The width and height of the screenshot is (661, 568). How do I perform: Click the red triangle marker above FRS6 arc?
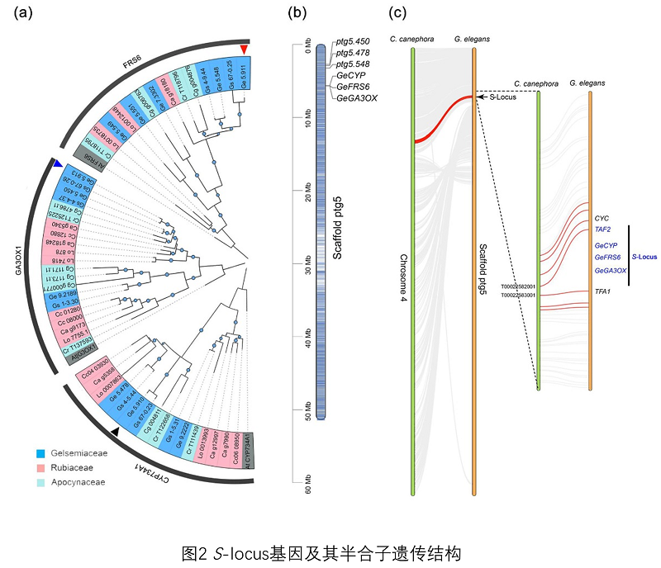coord(244,50)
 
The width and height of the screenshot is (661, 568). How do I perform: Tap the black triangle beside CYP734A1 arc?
coord(116,431)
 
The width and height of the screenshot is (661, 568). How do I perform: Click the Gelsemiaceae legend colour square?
coord(40,453)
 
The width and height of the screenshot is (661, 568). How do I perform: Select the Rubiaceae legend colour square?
coord(40,466)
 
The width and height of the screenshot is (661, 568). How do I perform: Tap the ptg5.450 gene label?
coord(353,41)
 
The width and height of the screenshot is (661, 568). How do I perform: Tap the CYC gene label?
coord(602,218)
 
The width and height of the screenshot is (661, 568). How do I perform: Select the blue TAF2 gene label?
coord(602,230)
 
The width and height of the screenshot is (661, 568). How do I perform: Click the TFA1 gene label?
coord(602,291)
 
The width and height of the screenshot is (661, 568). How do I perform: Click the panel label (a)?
coord(13,13)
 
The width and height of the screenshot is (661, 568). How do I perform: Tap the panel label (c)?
coord(397,13)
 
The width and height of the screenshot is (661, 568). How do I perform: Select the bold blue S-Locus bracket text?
coord(645,257)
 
